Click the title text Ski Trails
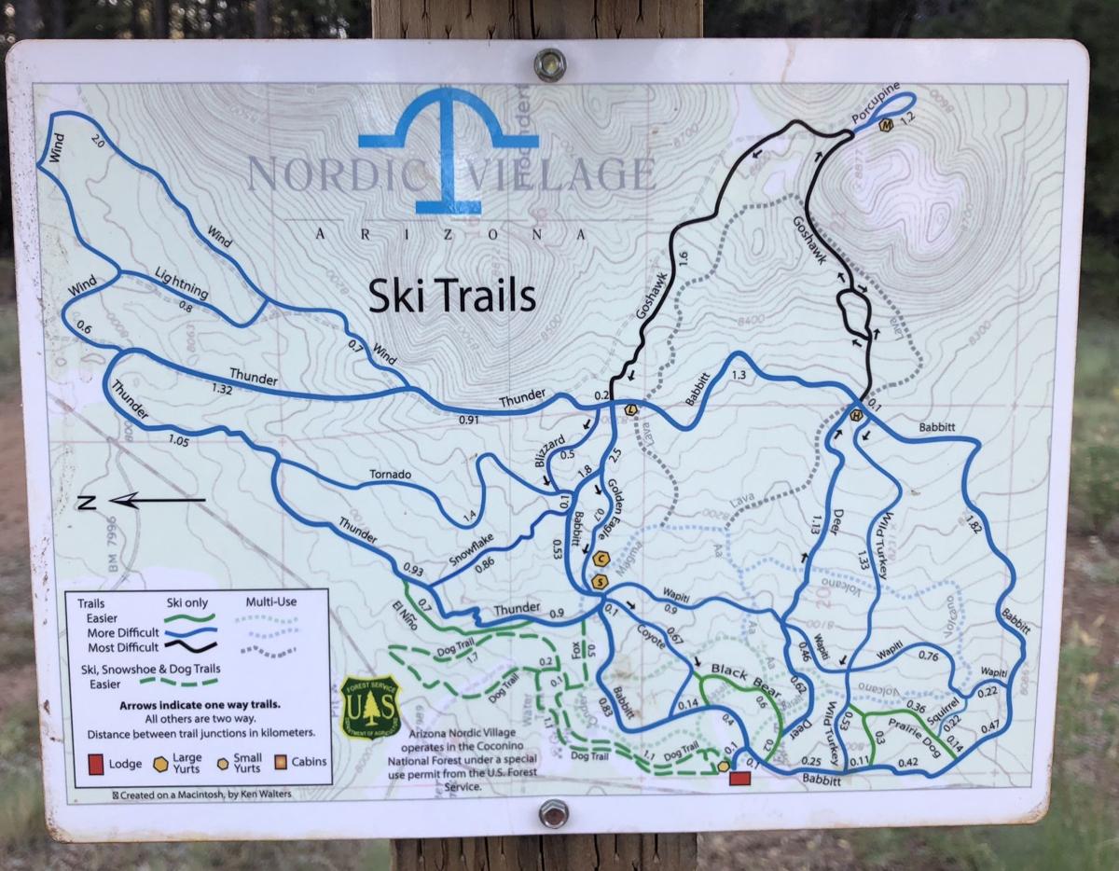click(451, 296)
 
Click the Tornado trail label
click(389, 475)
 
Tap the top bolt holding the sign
click(550, 64)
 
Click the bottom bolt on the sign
click(554, 813)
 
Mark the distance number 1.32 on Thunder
click(221, 388)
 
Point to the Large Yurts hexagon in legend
click(160, 765)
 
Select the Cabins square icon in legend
click(280, 761)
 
